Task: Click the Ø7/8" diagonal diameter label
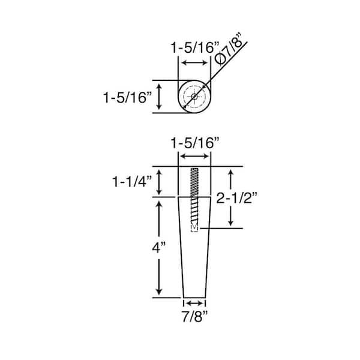[229, 49]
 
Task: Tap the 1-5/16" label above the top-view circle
[195, 48]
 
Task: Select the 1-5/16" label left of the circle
[128, 97]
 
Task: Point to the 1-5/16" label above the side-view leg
[195, 143]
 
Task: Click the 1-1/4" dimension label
[132, 182]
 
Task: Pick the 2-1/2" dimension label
[237, 197]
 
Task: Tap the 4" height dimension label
[158, 247]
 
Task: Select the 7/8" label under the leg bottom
[195, 316]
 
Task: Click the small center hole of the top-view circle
[194, 97]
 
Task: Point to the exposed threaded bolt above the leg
[194, 182]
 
